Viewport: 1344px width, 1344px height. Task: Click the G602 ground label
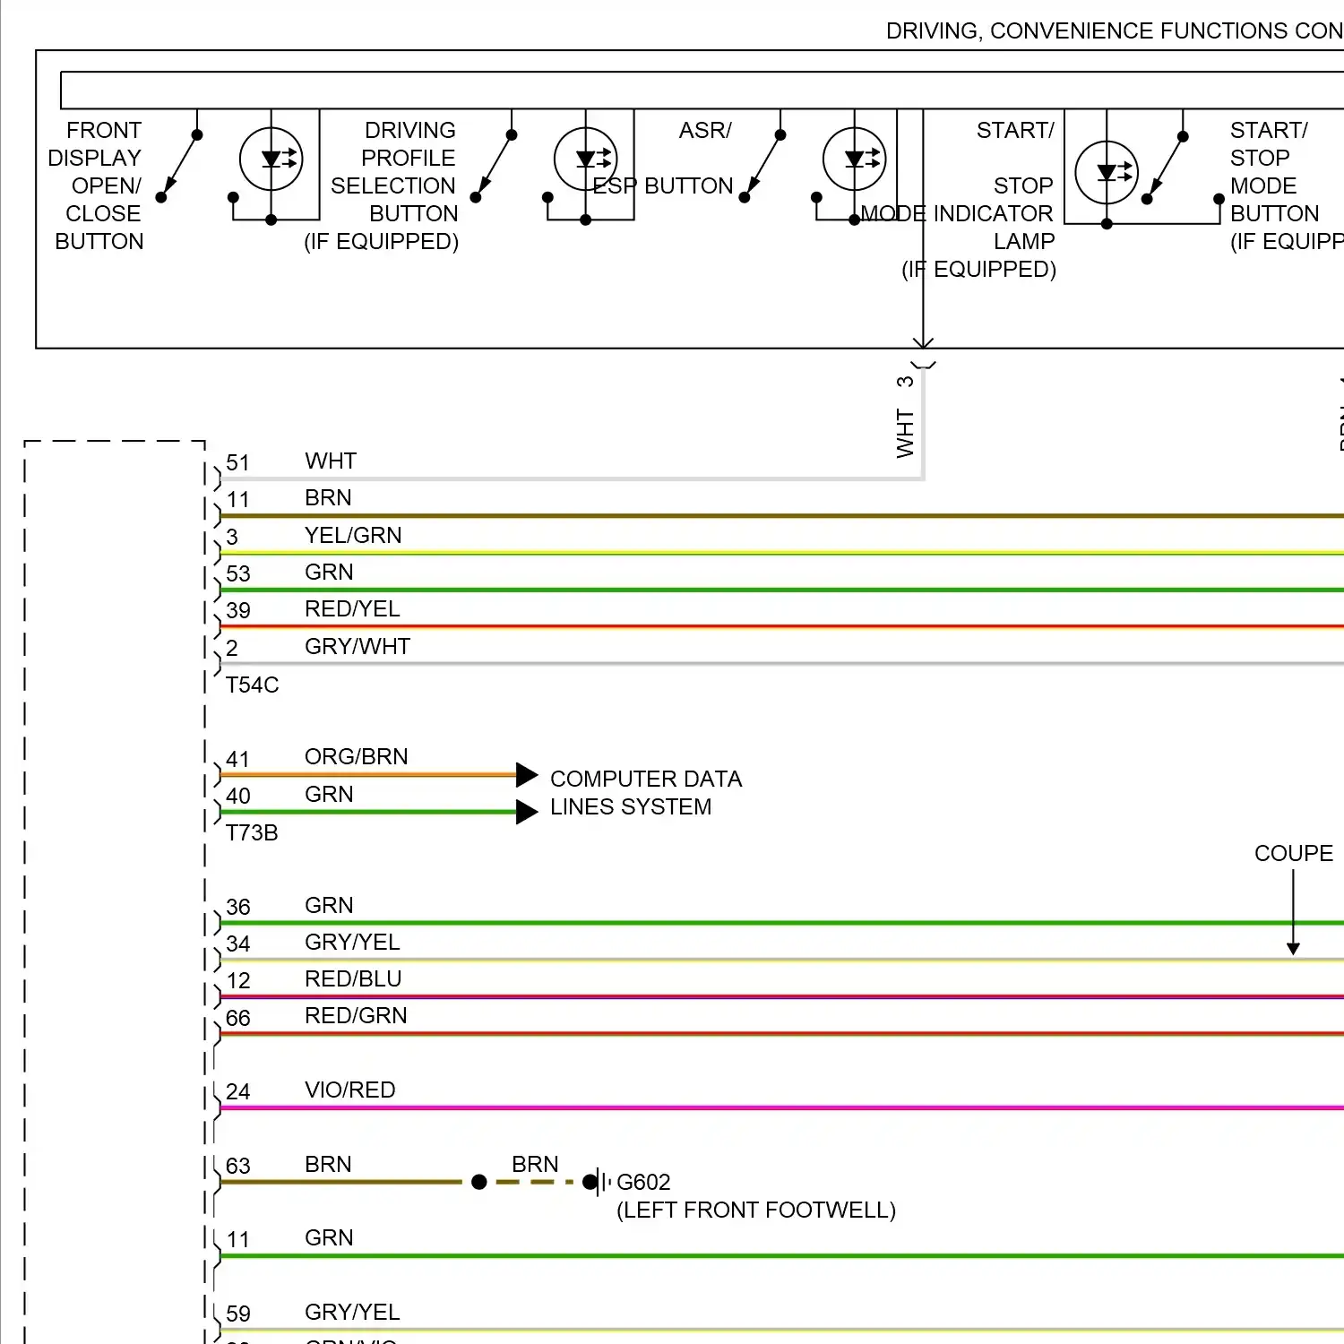click(x=643, y=1182)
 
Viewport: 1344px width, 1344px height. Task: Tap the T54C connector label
click(x=252, y=685)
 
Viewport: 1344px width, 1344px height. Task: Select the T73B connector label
click(x=252, y=833)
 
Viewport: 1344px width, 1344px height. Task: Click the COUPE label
click(x=1293, y=853)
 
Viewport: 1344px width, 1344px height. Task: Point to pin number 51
click(x=237, y=463)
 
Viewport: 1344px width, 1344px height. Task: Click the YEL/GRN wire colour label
click(x=353, y=535)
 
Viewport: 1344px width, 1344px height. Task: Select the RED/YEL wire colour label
click(x=352, y=609)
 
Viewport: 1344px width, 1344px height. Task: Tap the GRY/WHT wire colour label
click(x=357, y=646)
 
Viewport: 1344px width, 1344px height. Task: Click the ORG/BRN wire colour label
click(x=356, y=757)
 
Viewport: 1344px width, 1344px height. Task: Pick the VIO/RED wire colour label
click(x=349, y=1090)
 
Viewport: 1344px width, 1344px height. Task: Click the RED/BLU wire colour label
click(x=353, y=979)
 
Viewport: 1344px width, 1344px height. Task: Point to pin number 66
click(x=237, y=1019)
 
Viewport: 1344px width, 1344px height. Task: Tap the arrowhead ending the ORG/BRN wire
click(x=527, y=775)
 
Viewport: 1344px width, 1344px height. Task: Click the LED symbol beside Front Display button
click(x=271, y=159)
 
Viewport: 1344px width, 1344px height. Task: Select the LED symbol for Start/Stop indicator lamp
click(x=1107, y=172)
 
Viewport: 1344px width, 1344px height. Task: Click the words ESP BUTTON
click(x=663, y=186)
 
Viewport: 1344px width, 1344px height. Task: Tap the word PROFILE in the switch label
click(x=408, y=159)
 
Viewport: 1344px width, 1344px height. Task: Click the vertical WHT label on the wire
click(x=905, y=434)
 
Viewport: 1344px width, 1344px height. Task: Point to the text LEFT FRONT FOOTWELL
click(x=756, y=1210)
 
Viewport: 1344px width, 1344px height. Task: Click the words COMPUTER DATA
click(x=646, y=780)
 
